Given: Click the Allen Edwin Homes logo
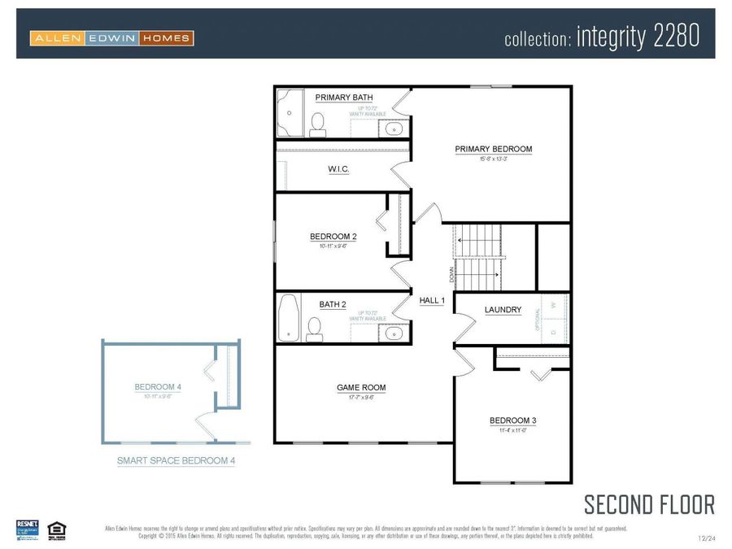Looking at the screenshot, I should (x=111, y=37).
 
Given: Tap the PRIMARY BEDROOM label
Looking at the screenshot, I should (x=493, y=149).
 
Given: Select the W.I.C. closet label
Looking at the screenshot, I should (x=338, y=169).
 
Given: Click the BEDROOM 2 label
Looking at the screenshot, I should (x=333, y=237).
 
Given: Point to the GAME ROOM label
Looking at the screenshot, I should (x=361, y=388).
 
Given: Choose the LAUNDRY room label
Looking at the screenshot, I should (x=503, y=310).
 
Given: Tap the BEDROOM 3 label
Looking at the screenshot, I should (x=512, y=420).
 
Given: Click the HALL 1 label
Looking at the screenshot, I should (x=432, y=301).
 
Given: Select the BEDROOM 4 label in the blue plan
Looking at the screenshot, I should (x=158, y=387).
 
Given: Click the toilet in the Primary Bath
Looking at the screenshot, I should (x=318, y=123).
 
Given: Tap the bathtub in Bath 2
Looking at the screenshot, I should (x=288, y=317).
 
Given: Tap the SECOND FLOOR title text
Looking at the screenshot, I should (x=649, y=504).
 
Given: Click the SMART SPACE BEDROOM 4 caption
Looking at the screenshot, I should (x=176, y=461).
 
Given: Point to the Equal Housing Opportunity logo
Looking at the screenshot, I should (x=56, y=529).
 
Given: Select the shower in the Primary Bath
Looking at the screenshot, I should (x=289, y=112).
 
